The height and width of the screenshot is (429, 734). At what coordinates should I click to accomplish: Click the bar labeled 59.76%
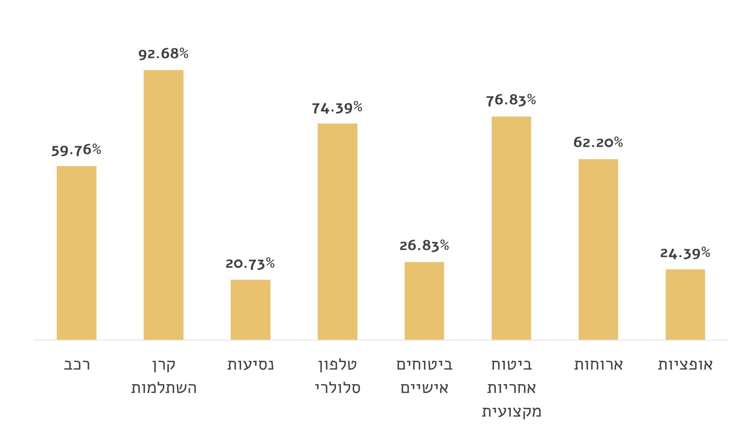click(x=77, y=253)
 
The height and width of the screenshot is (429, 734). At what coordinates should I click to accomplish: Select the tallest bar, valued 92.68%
click(x=163, y=205)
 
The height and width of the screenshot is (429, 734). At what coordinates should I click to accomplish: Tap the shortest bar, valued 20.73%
click(x=250, y=309)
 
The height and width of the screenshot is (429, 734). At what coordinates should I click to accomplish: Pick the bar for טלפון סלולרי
click(x=337, y=231)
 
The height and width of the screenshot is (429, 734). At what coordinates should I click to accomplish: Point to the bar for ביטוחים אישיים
click(x=424, y=301)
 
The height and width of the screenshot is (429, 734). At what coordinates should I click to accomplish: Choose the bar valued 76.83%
click(x=511, y=228)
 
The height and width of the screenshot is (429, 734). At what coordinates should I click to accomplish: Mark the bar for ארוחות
click(x=598, y=249)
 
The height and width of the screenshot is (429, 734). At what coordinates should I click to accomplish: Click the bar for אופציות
click(x=685, y=304)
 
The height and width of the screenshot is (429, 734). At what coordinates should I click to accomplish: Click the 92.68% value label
click(x=163, y=54)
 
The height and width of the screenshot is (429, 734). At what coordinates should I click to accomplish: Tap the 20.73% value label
click(x=250, y=264)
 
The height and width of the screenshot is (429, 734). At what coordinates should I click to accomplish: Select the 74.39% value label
click(x=337, y=108)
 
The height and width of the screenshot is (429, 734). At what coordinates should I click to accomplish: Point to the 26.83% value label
click(x=424, y=246)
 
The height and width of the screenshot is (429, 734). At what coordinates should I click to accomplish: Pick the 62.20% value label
click(x=598, y=142)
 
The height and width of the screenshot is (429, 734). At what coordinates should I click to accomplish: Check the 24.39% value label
click(x=685, y=253)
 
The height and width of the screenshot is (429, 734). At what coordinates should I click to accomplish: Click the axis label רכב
click(x=77, y=365)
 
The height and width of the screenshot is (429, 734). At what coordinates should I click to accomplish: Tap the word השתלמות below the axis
click(x=164, y=388)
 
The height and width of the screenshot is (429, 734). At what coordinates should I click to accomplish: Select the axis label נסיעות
click(x=251, y=365)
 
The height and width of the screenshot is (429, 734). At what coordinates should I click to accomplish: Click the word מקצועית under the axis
click(x=511, y=411)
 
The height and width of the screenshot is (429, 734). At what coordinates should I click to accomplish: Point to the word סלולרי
click(x=338, y=388)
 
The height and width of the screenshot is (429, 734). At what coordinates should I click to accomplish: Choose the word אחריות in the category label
click(x=511, y=388)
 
